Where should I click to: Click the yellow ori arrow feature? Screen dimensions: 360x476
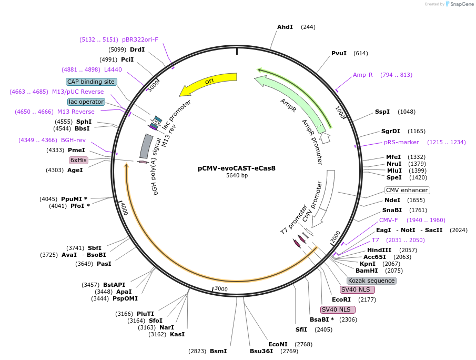[208, 83]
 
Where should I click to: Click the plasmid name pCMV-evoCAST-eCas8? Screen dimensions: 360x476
[237, 168]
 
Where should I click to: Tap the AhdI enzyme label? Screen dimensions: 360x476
[285, 27]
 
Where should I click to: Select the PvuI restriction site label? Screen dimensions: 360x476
[339, 53]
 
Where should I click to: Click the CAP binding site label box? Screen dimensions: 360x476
[90, 82]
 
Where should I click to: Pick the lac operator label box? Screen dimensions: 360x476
[86, 102]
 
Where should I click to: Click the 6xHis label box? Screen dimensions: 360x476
[78, 159]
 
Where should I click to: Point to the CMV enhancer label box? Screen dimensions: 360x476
[407, 190]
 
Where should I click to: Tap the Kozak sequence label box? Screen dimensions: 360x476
[371, 281]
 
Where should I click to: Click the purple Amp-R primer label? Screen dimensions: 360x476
[362, 75]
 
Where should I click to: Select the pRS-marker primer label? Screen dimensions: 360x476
[401, 142]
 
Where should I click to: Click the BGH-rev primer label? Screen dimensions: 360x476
[73, 140]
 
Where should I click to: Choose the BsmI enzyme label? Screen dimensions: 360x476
[218, 351]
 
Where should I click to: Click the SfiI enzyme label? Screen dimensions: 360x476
[301, 329]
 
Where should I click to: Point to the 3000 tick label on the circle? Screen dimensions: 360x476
[221, 288]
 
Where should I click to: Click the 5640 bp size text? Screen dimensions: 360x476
[237, 176]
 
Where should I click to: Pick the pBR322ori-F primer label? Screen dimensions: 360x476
[140, 39]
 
